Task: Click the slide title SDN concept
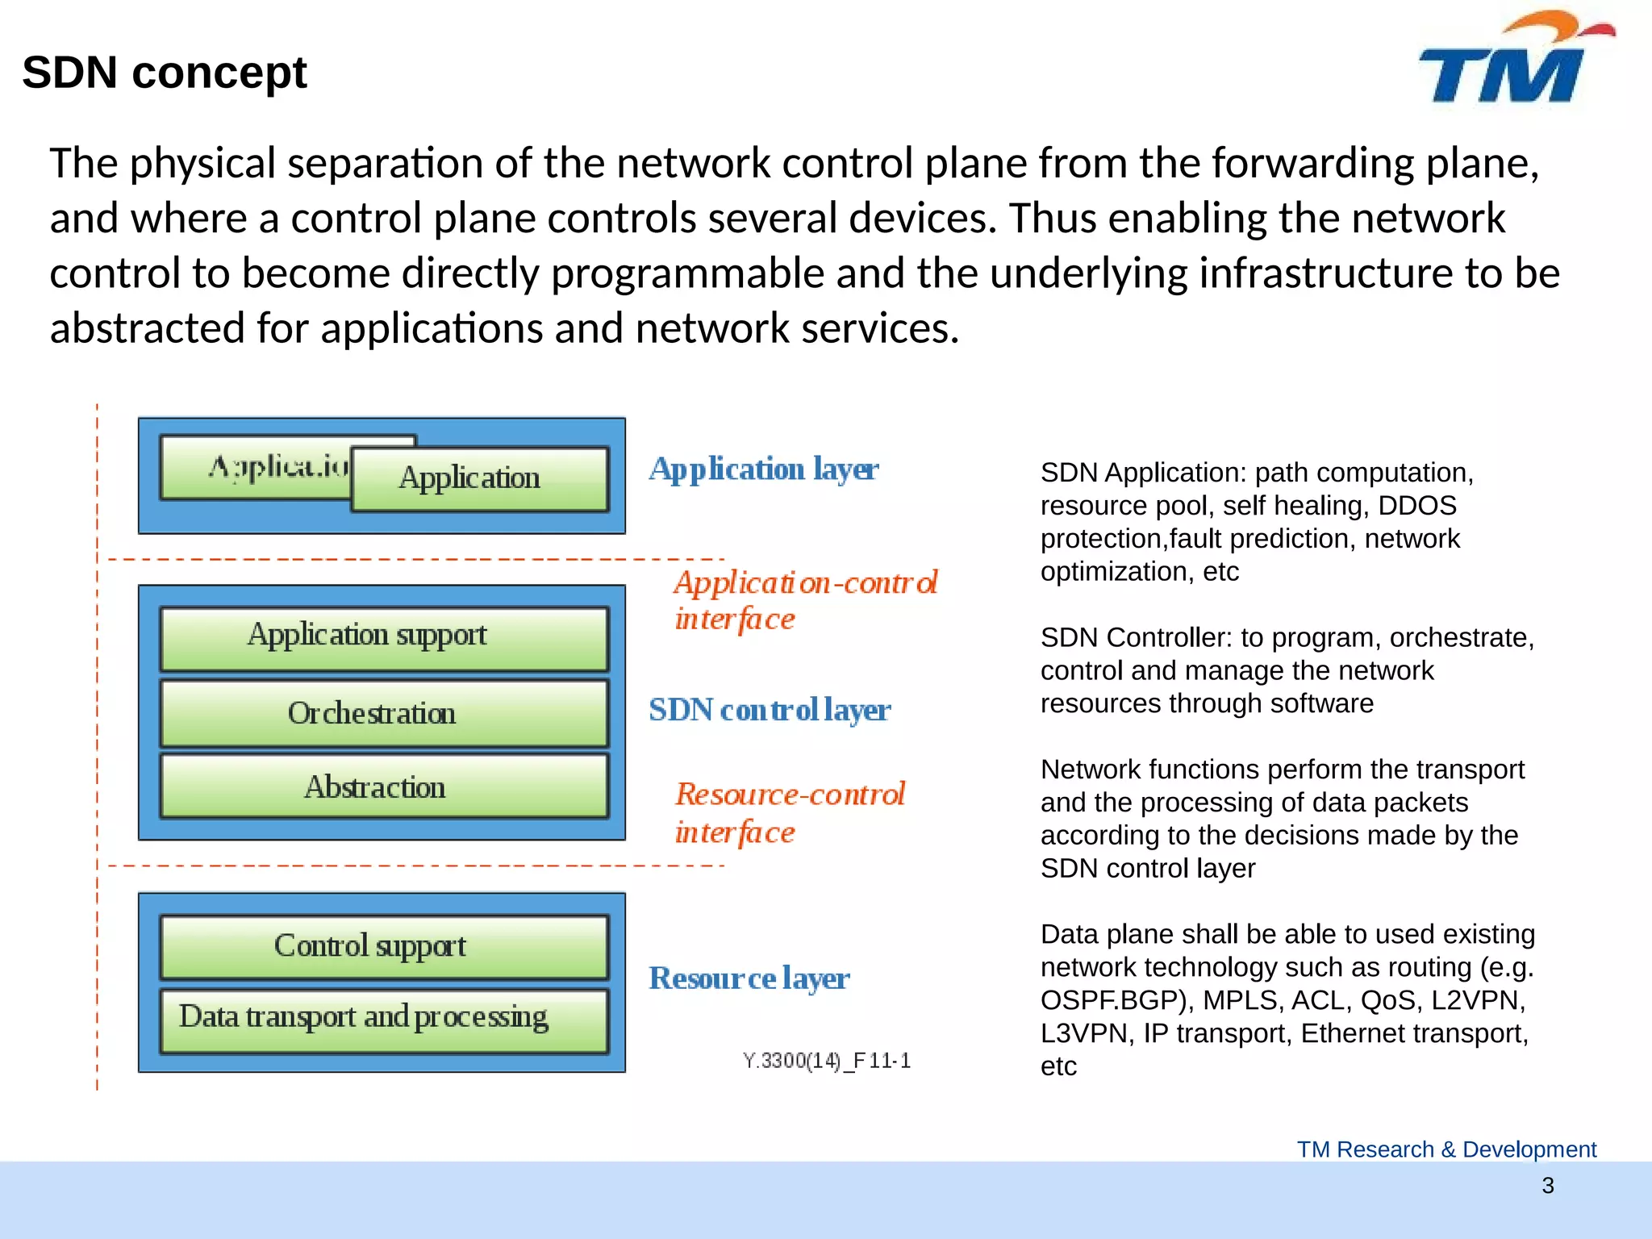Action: pos(165,73)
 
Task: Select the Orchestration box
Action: pos(384,714)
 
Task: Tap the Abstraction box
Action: pos(384,787)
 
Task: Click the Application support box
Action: pos(384,636)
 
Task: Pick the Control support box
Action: pos(384,946)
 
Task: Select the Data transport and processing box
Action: pos(384,1019)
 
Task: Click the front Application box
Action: pos(479,479)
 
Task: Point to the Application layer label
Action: pos(763,469)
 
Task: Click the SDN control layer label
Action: pos(770,711)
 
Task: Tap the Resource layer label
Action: pos(749,978)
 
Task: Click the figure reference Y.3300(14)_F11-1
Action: pos(827,1061)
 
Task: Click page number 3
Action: pos(1547,1186)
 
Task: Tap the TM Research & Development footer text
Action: pos(1446,1149)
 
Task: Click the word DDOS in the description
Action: pos(1416,506)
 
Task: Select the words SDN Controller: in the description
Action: pos(1137,638)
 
